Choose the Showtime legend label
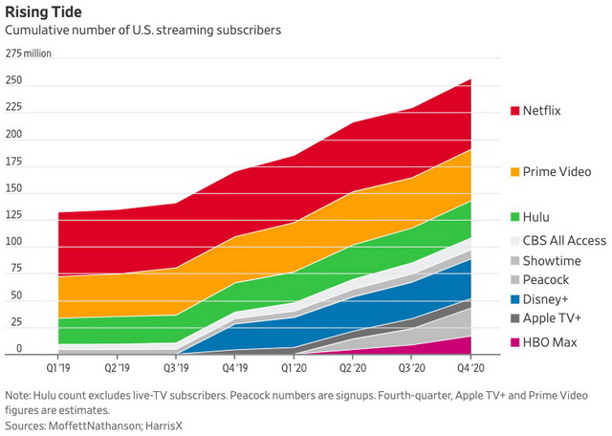pyautogui.click(x=552, y=259)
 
